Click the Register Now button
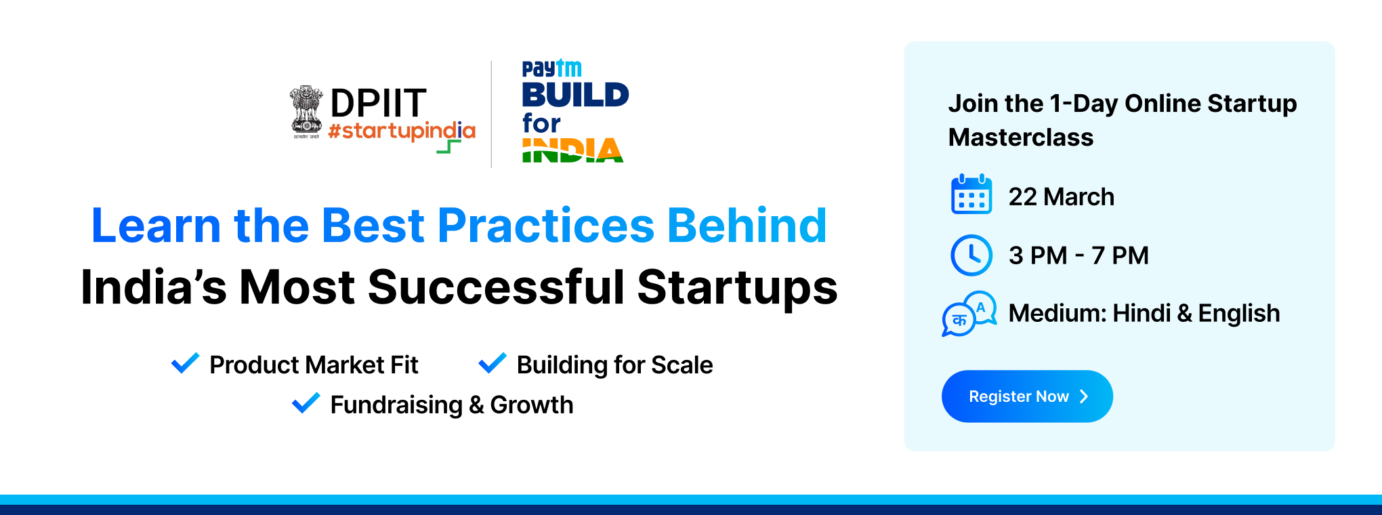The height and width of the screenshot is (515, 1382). (x=1027, y=396)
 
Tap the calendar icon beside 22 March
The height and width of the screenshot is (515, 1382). (x=971, y=194)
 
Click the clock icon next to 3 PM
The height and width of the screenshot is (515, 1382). (x=971, y=255)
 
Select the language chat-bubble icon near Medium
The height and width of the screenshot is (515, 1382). (x=969, y=314)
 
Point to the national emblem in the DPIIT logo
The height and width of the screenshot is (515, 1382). (x=306, y=112)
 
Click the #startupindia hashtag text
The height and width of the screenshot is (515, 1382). (x=402, y=132)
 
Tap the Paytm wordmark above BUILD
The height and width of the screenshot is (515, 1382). (x=551, y=68)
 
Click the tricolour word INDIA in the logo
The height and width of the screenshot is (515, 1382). (x=572, y=150)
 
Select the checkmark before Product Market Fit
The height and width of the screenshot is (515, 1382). (x=185, y=363)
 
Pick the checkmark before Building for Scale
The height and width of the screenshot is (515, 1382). (x=493, y=363)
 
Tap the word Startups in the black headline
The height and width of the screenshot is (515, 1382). (x=737, y=288)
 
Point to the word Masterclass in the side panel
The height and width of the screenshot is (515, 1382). (x=1021, y=138)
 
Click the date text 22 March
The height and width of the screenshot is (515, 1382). (x=1062, y=197)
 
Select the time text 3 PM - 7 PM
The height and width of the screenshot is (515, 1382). (x=1079, y=255)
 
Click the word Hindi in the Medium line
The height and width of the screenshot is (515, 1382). (x=1142, y=314)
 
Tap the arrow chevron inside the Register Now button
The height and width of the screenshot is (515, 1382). (x=1084, y=396)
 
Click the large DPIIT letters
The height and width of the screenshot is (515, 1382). (x=378, y=104)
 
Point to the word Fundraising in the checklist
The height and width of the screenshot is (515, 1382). (x=396, y=405)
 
